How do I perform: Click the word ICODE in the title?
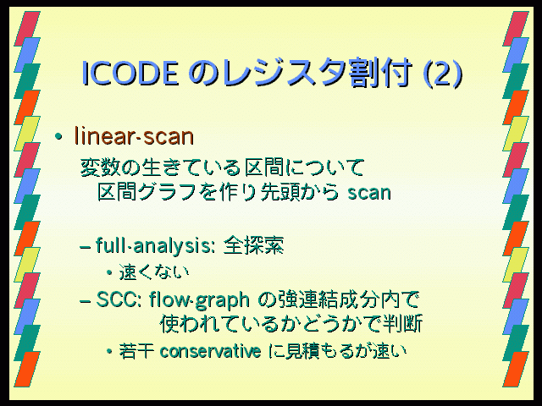click(x=130, y=73)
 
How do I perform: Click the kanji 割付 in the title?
click(x=379, y=73)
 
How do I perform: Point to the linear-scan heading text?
click(x=134, y=136)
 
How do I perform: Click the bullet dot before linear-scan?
click(x=58, y=137)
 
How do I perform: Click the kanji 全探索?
click(x=253, y=245)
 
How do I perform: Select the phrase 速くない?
click(x=154, y=272)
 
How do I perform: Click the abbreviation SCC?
click(x=119, y=299)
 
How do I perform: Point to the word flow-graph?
click(x=199, y=299)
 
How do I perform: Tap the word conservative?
click(x=211, y=352)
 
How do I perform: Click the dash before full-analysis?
click(x=86, y=248)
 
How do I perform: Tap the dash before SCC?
click(x=86, y=301)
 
